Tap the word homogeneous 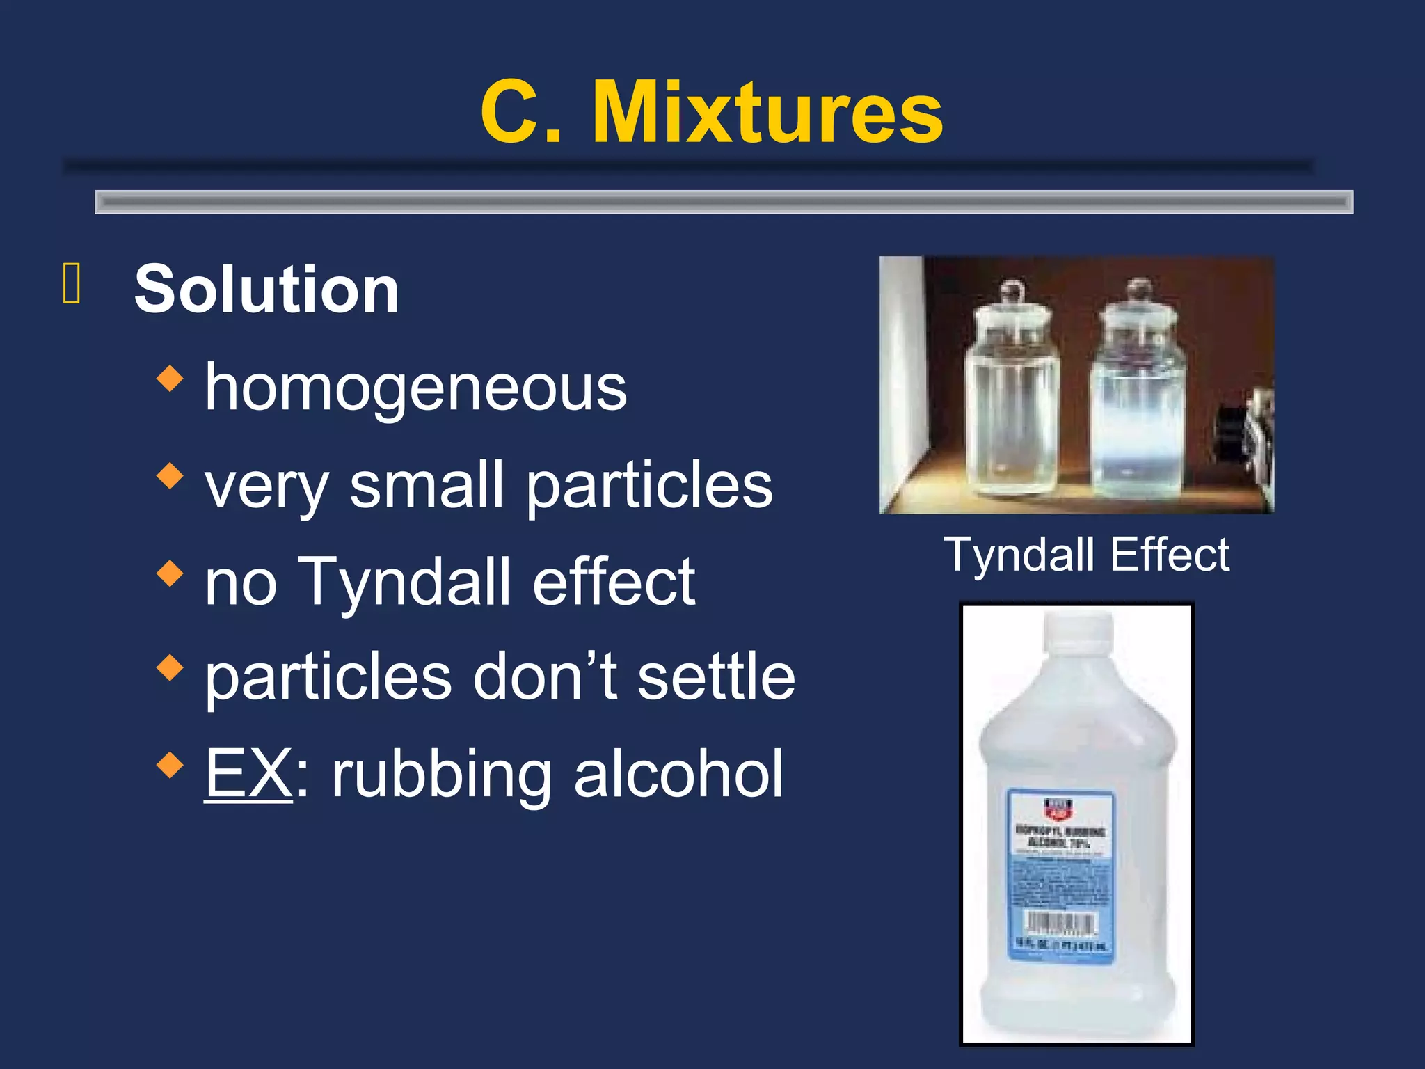(x=415, y=388)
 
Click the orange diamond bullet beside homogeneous (x=170, y=379)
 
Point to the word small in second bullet (x=426, y=485)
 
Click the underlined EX (x=248, y=774)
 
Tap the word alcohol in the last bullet (x=678, y=774)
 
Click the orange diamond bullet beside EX (x=170, y=765)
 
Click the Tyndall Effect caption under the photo (x=1086, y=555)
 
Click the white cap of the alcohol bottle (x=1077, y=629)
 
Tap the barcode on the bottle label (x=1061, y=924)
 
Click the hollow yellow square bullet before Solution (x=72, y=284)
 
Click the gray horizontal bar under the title (x=724, y=202)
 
